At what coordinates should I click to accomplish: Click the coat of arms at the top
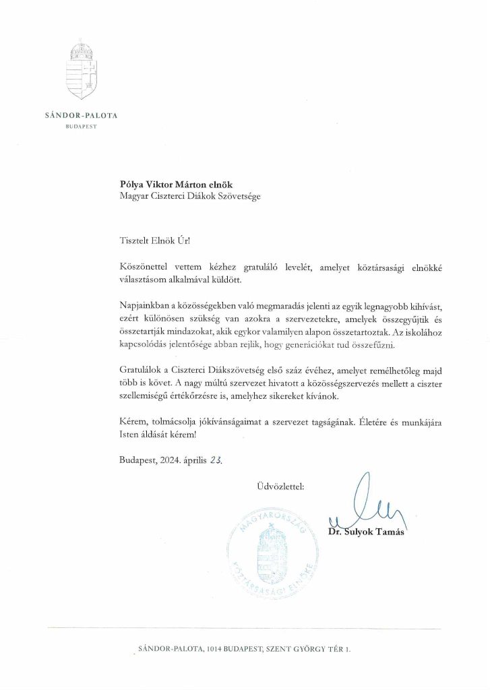(x=81, y=71)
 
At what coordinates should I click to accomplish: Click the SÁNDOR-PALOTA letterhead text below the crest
(x=81, y=115)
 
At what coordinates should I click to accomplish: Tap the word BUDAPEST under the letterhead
(x=81, y=126)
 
